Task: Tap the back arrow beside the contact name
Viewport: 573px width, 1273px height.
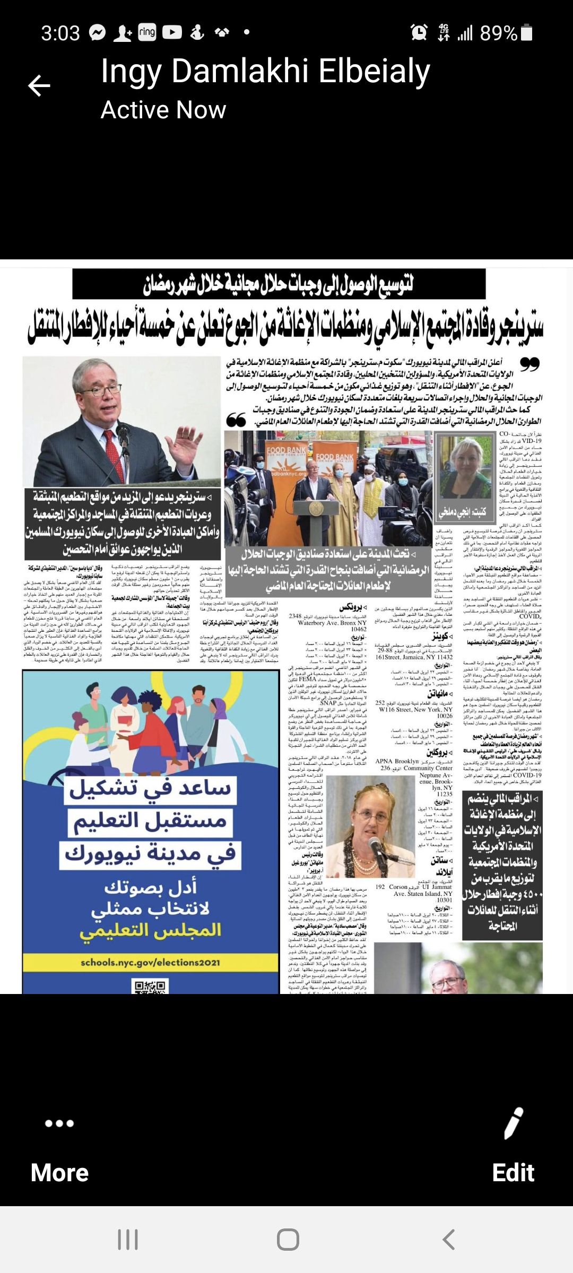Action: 39,86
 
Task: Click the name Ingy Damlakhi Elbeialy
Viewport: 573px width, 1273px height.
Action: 265,72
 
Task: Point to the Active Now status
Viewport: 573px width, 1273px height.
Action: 163,110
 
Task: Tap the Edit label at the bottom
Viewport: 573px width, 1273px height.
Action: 513,1172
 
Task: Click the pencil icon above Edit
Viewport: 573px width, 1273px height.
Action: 513,1123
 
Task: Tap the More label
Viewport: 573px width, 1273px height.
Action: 59,1172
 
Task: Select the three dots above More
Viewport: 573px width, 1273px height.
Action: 59,1123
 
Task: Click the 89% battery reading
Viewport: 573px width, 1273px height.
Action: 498,33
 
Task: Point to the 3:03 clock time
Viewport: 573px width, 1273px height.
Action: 60,33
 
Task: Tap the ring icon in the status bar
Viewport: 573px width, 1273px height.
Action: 147,32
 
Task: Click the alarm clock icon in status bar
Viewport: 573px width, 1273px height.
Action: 419,33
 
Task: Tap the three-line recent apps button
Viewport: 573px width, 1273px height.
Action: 127,1240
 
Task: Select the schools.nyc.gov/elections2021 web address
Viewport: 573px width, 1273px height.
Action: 150,962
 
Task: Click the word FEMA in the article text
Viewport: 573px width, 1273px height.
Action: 308,679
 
